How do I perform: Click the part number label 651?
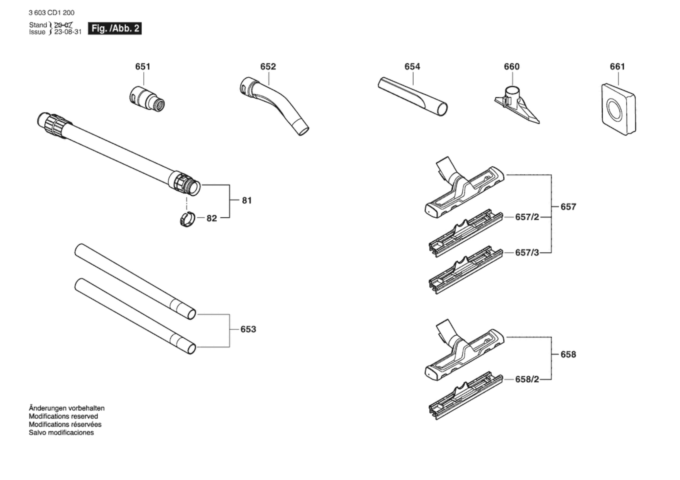pos(143,67)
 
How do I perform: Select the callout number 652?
pos(268,67)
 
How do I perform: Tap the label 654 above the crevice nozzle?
pos(412,67)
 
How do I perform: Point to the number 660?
pos(512,67)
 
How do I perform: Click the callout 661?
pos(617,67)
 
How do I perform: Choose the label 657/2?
pos(527,217)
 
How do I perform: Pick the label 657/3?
pos(527,252)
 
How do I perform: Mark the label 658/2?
pos(527,379)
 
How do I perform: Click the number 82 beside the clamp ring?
pos(212,218)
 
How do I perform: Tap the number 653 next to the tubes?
pos(248,329)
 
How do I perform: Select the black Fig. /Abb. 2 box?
pos(115,29)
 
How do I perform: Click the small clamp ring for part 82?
pos(187,220)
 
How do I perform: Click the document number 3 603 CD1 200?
pos(52,13)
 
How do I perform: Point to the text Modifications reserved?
pos(63,416)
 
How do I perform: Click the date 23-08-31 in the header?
pos(68,32)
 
